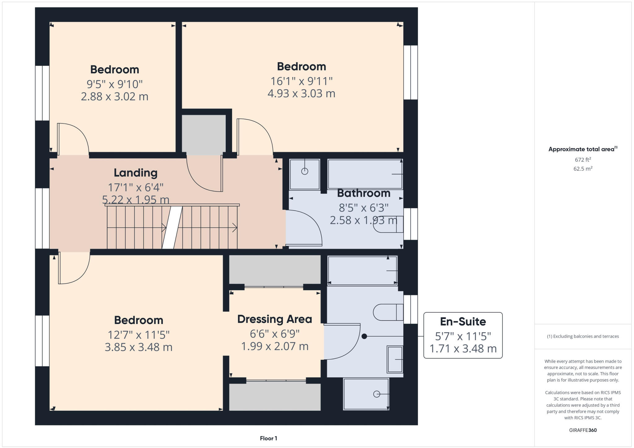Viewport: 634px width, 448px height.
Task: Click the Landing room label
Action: (x=135, y=173)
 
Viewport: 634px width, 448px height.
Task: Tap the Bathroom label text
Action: (x=363, y=193)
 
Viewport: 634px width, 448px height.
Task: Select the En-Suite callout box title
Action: (x=463, y=322)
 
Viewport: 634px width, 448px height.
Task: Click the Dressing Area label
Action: (x=275, y=319)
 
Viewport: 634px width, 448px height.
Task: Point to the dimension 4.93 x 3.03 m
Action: (x=301, y=94)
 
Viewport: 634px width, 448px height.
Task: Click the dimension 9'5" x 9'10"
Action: (x=115, y=84)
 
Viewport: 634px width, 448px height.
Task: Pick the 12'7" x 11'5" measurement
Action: (x=138, y=335)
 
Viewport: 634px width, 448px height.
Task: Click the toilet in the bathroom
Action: (x=387, y=224)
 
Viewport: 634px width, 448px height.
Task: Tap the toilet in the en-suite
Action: (x=387, y=312)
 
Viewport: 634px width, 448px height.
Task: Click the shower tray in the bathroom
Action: (x=305, y=174)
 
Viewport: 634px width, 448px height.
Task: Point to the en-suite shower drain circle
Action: (x=376, y=394)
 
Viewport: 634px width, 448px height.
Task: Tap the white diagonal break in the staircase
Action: (x=172, y=228)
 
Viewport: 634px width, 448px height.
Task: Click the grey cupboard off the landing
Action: (x=203, y=134)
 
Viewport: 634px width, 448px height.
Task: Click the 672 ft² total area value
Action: (x=583, y=160)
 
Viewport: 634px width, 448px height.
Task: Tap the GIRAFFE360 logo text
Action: (x=583, y=430)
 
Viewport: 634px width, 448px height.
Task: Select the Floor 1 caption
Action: (x=268, y=438)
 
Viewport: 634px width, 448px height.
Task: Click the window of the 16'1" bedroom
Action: (x=410, y=72)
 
